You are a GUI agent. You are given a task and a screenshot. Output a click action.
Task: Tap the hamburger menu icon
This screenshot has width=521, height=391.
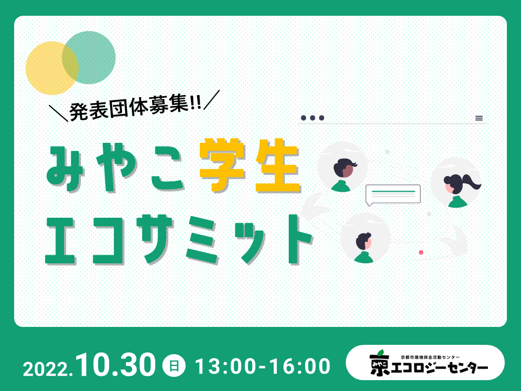(479, 118)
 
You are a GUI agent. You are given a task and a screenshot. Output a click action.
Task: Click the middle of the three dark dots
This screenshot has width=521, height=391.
(313, 118)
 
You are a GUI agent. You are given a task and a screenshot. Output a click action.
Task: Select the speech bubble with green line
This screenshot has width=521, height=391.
(393, 194)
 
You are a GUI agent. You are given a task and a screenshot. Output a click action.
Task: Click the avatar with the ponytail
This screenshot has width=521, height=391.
(456, 182)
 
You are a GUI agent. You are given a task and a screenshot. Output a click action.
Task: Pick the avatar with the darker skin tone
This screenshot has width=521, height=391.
(342, 167)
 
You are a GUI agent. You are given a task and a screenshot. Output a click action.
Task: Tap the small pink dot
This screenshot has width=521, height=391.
(421, 253)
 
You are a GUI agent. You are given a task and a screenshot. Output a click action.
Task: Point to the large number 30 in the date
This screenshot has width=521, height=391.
(135, 365)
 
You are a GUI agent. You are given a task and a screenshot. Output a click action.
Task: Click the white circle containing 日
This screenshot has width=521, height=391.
(174, 365)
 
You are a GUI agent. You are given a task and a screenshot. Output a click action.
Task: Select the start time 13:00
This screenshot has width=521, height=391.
(226, 367)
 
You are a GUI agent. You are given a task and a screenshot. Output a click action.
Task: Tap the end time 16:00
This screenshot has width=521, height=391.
(300, 367)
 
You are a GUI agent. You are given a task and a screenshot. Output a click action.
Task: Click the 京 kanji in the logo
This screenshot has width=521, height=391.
(380, 364)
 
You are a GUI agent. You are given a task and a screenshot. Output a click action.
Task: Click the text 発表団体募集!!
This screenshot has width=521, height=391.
(135, 108)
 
